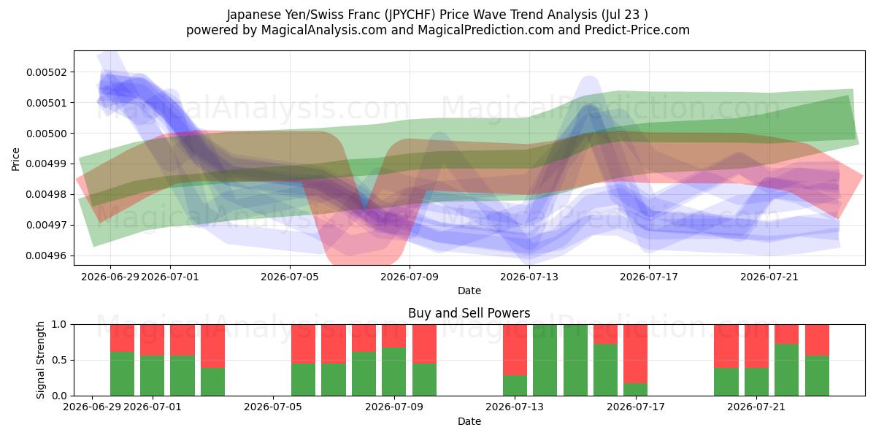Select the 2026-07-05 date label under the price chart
coord(290,277)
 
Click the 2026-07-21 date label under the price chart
coord(769,277)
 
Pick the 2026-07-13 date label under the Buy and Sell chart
coord(515,407)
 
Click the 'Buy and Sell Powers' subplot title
coord(469,313)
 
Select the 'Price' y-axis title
coord(15,159)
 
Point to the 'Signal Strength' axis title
coord(40,360)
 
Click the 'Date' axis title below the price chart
coord(469,291)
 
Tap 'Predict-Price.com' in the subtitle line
coord(637,30)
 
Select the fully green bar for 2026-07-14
coord(545,360)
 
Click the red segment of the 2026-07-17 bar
coord(636,354)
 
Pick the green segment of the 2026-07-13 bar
coord(515,385)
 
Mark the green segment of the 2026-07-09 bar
coord(393,372)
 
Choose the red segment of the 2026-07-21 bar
coord(756,346)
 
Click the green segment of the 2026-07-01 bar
coord(152,376)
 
